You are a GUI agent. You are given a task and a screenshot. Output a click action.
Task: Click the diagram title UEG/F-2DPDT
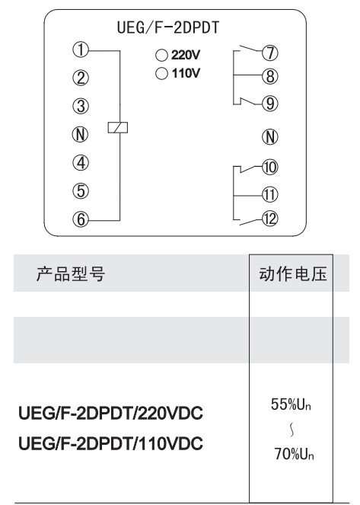(x=168, y=27)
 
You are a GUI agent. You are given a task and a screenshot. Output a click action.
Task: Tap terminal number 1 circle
(x=81, y=50)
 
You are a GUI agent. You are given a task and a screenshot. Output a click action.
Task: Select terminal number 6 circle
(x=81, y=219)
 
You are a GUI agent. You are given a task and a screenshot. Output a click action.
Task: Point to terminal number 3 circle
(x=81, y=106)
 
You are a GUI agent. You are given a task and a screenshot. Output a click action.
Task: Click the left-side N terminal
(x=81, y=134)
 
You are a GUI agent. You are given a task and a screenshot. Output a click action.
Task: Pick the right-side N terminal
(x=270, y=137)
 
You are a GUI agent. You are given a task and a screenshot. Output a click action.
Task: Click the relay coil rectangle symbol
(x=118, y=127)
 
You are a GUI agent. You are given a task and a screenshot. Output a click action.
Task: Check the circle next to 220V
(x=161, y=55)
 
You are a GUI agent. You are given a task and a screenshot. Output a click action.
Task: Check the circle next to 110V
(x=161, y=73)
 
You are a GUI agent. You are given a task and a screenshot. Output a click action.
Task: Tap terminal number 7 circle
(x=270, y=53)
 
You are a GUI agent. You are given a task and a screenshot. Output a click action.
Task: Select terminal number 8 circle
(x=270, y=76)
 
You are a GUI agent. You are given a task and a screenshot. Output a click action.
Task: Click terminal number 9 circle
(x=270, y=104)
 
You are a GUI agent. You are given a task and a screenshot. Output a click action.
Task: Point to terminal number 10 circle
(x=269, y=167)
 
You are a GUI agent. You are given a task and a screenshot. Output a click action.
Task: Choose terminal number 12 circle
(x=269, y=219)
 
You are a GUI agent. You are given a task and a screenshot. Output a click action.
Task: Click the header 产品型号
(x=71, y=274)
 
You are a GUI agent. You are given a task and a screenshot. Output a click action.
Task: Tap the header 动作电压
(x=293, y=274)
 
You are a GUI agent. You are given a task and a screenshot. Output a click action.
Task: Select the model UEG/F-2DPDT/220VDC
(x=111, y=413)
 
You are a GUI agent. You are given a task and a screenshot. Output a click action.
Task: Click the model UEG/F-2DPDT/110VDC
(x=111, y=443)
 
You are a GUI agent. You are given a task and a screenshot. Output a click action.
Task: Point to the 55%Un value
(x=291, y=404)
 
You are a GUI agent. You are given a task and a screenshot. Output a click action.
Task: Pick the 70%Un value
(x=294, y=454)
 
